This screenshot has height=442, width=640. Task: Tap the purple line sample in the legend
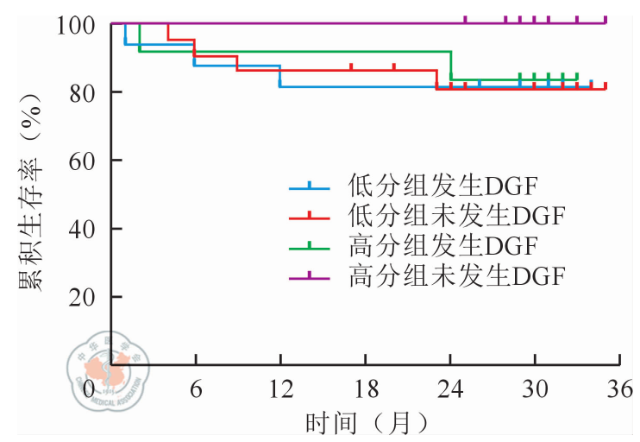(309, 276)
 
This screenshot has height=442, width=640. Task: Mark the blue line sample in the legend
(309, 186)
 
